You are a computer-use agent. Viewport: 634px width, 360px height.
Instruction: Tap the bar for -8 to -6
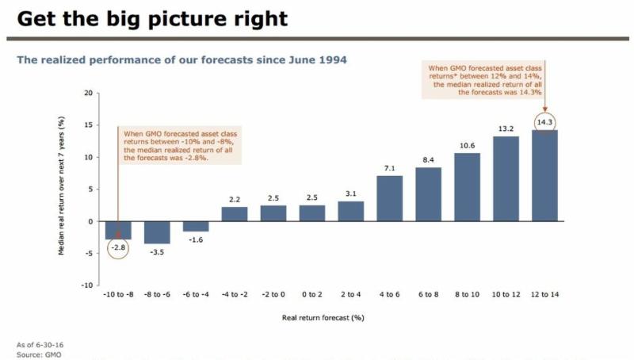157,232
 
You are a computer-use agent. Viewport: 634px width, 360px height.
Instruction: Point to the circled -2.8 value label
119,248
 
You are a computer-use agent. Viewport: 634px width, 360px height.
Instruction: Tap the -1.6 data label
196,239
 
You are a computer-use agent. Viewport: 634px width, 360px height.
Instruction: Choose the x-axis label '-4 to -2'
235,295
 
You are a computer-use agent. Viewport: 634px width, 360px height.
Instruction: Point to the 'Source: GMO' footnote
38,354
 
